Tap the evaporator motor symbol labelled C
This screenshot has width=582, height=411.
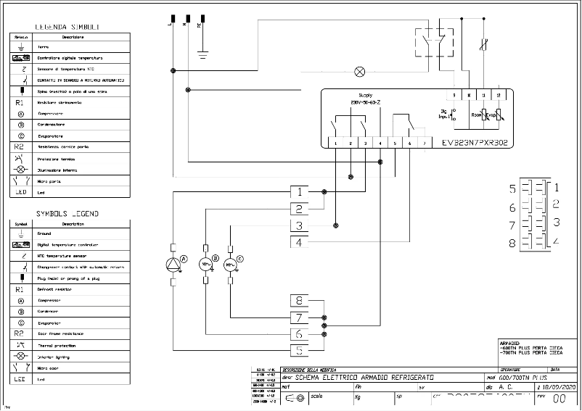click(231, 265)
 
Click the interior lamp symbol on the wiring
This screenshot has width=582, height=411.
click(358, 71)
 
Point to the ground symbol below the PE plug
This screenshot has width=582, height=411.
click(203, 52)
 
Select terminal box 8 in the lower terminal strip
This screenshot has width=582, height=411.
click(300, 300)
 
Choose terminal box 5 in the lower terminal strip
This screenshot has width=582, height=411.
click(300, 351)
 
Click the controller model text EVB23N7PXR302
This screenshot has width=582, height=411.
click(476, 144)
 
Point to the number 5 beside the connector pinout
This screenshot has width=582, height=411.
click(512, 189)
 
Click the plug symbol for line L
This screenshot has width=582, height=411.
click(173, 18)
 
